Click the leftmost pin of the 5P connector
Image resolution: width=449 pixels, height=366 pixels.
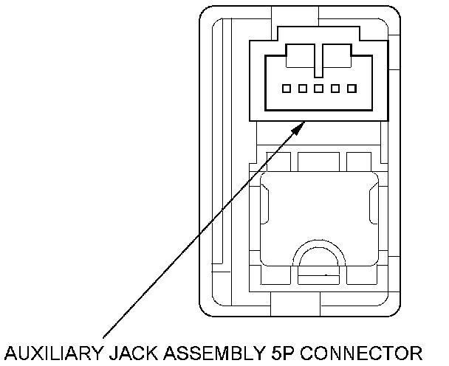tap(287, 89)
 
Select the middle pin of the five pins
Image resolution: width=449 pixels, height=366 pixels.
tap(319, 89)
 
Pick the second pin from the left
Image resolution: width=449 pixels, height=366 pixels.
tap(303, 89)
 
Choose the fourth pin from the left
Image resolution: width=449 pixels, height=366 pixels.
tap(335, 89)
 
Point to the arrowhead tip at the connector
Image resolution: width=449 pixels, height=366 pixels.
tap(304, 122)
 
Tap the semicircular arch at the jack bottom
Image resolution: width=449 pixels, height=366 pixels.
tap(318, 255)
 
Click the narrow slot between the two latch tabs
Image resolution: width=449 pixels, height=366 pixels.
tap(319, 61)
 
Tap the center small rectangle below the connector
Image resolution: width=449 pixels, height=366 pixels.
tap(318, 160)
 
